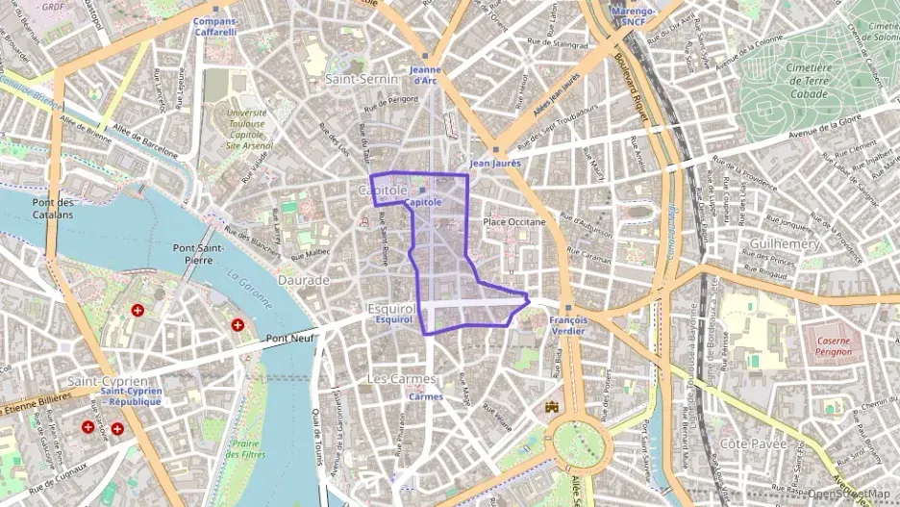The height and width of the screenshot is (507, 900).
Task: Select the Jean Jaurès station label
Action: click(494, 164)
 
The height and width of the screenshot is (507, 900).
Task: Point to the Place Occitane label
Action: click(513, 222)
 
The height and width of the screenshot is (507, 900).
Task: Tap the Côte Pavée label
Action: click(754, 444)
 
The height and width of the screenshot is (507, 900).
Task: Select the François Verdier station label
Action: click(566, 325)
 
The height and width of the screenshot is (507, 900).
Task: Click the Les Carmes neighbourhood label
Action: click(401, 379)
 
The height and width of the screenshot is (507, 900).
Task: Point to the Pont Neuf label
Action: click(290, 338)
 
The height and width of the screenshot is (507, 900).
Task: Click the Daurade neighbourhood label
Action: click(303, 280)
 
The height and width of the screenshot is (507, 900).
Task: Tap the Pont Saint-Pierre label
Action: click(198, 254)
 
